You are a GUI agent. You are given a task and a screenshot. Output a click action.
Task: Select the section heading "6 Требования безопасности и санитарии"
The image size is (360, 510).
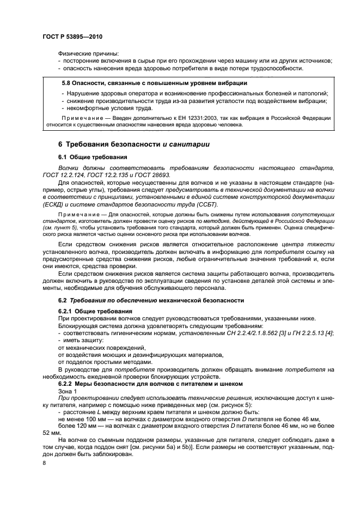130,144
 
